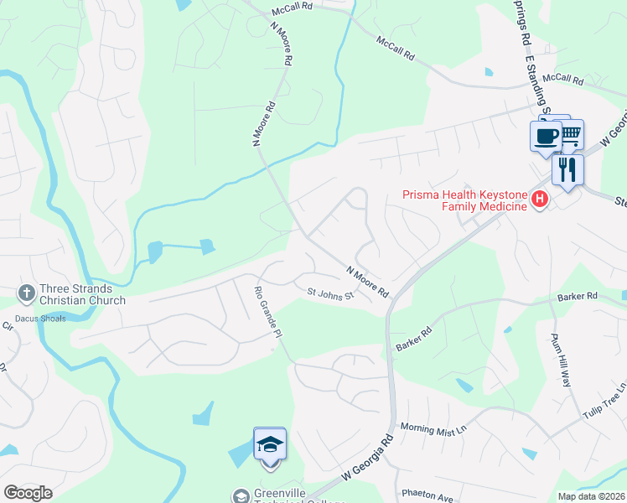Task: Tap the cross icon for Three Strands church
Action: (26, 293)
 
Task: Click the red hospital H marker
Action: (541, 200)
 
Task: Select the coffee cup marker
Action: (546, 135)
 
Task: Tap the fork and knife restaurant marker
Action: (567, 170)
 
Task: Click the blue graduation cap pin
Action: (270, 443)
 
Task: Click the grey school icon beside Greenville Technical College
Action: (241, 495)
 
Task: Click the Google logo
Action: (28, 492)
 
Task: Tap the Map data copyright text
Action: (591, 496)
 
